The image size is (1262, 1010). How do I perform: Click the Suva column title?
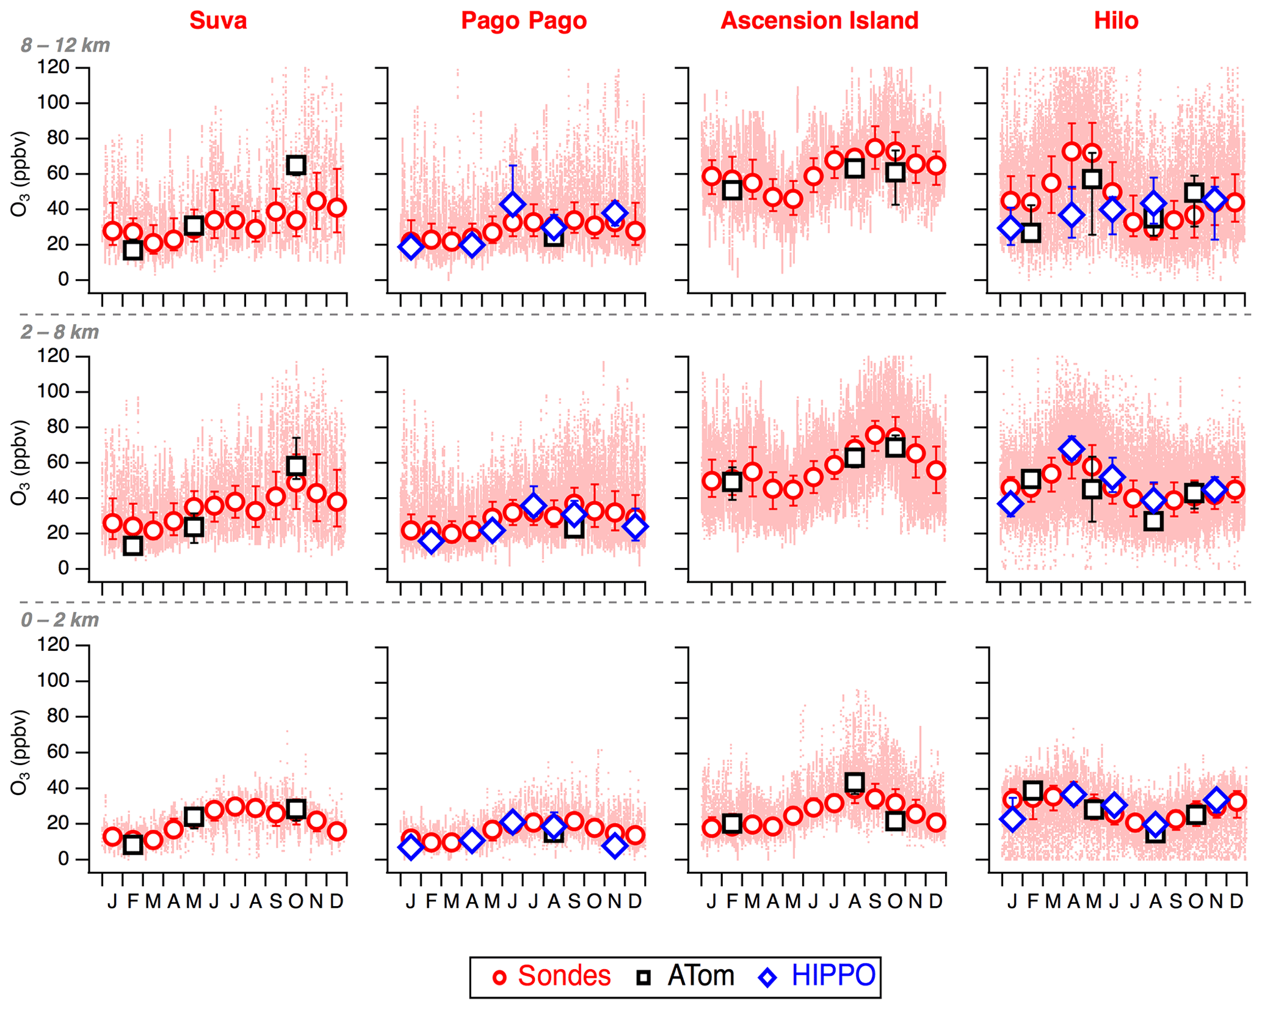[218, 21]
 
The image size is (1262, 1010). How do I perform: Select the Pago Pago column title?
[523, 21]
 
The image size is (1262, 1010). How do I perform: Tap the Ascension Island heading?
[819, 21]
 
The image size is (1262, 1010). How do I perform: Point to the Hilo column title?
[1116, 21]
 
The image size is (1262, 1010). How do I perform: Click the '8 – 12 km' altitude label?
[65, 45]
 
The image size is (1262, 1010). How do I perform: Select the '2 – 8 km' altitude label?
[60, 332]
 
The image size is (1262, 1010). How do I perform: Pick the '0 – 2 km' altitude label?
[60, 620]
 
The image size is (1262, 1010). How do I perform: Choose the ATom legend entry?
[685, 976]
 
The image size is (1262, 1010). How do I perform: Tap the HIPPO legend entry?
[818, 976]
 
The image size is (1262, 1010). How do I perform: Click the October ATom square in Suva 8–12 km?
[296, 165]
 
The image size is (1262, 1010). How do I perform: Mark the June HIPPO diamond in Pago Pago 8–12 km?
[513, 204]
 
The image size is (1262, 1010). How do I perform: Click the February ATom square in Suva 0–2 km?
[133, 845]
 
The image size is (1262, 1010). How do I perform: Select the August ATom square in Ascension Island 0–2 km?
[855, 782]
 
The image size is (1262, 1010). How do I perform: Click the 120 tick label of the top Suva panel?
[54, 67]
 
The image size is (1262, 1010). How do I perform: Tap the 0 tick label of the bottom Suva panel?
[63, 859]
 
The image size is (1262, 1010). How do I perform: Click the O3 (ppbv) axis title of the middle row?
[20, 462]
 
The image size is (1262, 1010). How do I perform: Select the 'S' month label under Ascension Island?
[875, 901]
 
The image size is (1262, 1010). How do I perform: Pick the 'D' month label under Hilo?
[1236, 901]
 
